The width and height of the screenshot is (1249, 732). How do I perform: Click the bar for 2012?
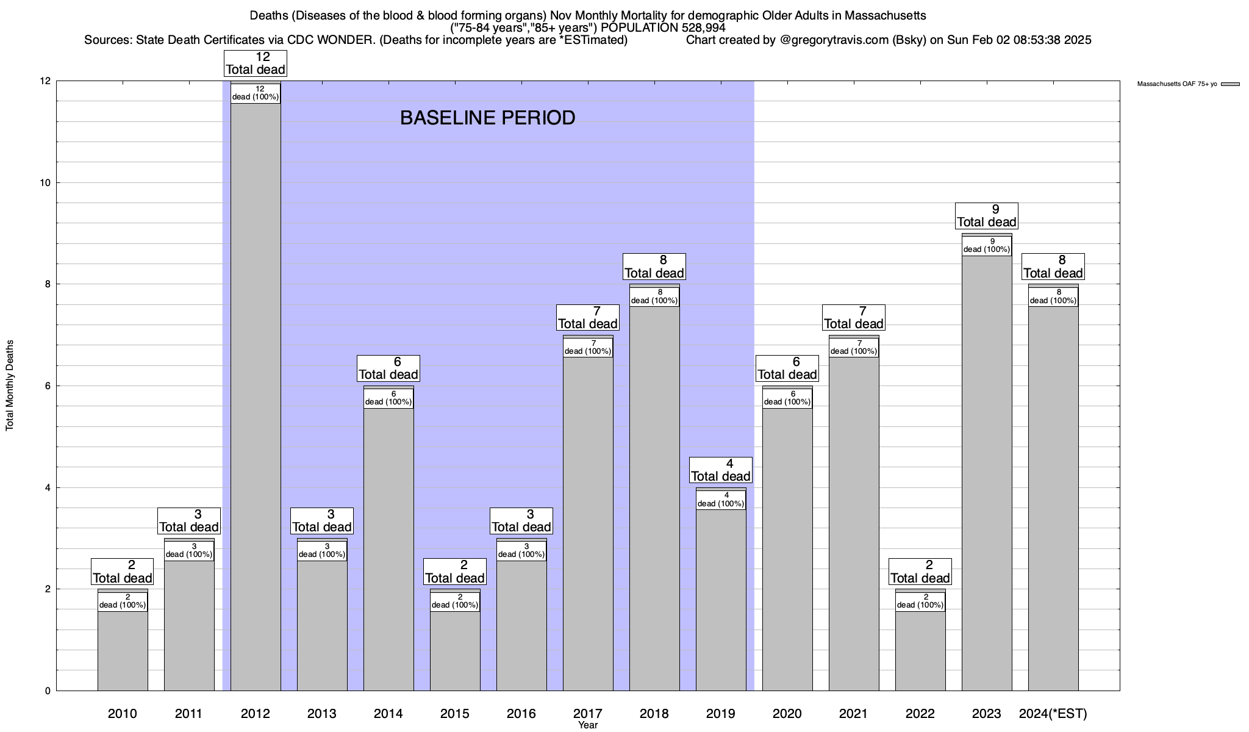[256, 396]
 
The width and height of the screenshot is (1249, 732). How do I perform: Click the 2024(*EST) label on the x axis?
[1053, 714]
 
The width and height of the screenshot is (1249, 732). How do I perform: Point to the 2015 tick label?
[455, 714]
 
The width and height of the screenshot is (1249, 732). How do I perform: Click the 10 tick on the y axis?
[45, 183]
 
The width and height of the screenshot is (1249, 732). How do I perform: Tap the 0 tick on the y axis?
[48, 691]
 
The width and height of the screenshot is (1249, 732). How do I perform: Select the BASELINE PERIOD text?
[487, 118]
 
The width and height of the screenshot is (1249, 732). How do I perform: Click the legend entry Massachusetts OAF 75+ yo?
[1177, 84]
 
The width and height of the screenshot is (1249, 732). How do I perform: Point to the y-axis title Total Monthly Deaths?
[10, 386]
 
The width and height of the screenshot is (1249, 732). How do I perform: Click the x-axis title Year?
[588, 725]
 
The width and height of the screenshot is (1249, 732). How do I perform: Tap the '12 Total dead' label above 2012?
[256, 63]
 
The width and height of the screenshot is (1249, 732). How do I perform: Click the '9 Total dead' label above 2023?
[987, 216]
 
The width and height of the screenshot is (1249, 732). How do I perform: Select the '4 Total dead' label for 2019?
[721, 470]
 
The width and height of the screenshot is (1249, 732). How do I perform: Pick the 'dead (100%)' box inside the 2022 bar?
[920, 601]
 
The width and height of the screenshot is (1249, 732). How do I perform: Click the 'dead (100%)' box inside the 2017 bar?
[588, 347]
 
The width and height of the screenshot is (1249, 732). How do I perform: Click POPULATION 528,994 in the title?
[671, 28]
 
